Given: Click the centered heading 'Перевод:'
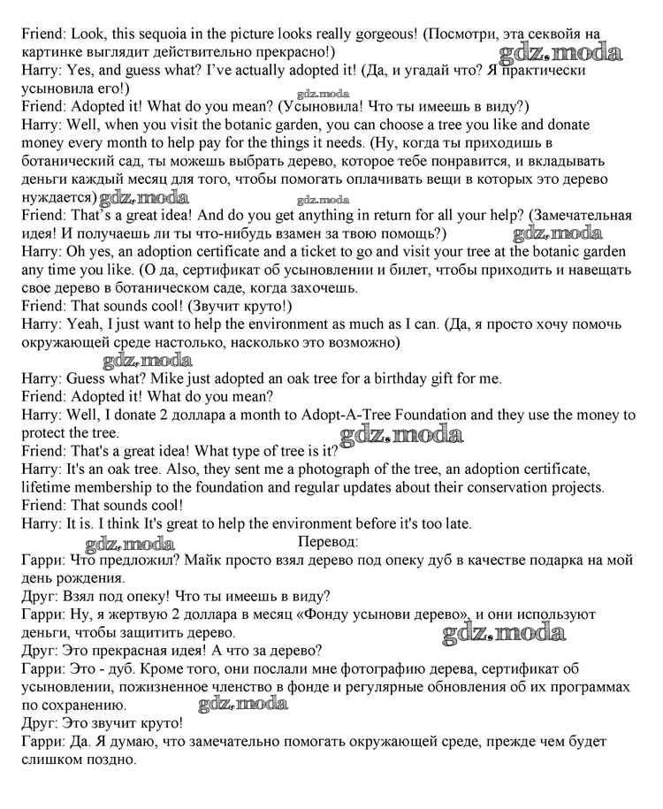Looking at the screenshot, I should tap(329, 541).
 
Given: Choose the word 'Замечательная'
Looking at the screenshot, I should tap(583, 216).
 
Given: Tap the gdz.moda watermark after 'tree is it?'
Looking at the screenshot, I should tap(402, 434).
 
